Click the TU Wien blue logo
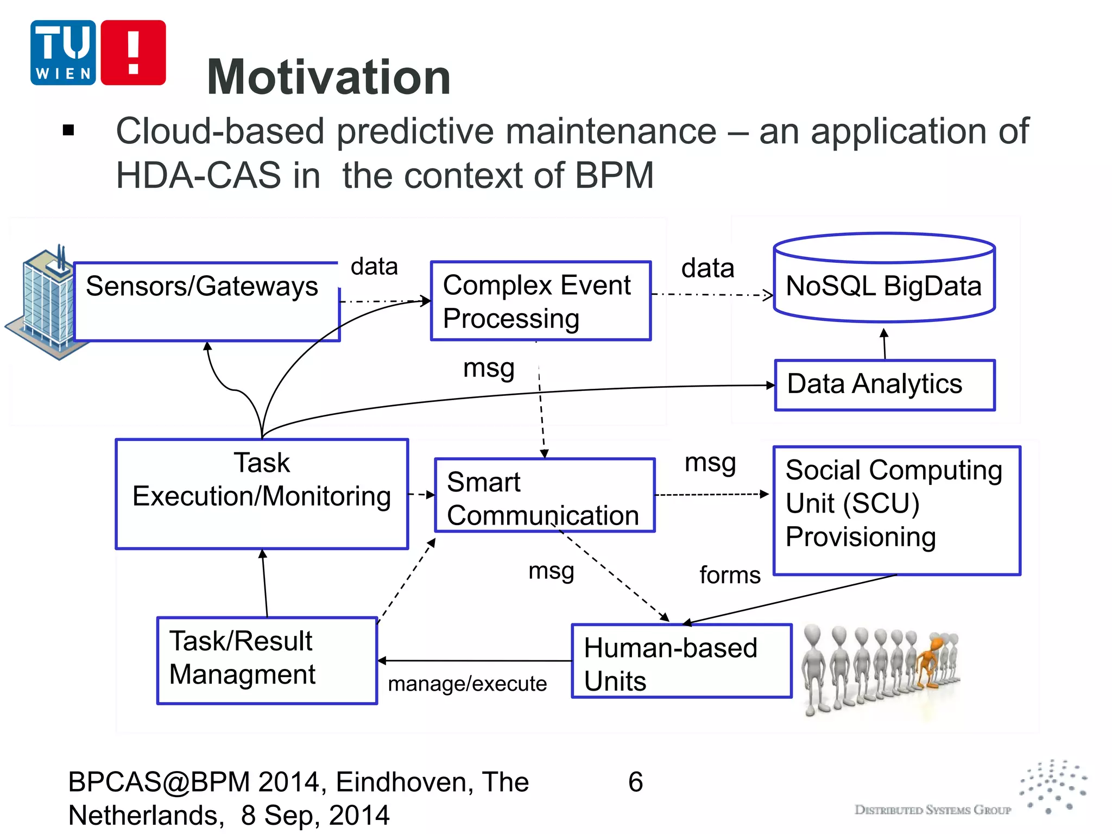click(x=63, y=53)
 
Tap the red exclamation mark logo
click(x=133, y=53)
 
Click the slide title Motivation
click(x=328, y=77)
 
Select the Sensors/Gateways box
click(x=206, y=302)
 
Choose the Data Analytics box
click(x=884, y=384)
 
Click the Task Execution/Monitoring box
click(x=262, y=493)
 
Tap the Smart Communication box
click(x=545, y=495)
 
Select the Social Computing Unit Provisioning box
click(x=896, y=510)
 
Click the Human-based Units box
click(x=681, y=661)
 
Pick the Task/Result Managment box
click(x=267, y=660)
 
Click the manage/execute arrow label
click(x=467, y=684)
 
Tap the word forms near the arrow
click(x=730, y=575)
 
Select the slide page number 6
click(x=635, y=782)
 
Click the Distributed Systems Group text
click(x=932, y=810)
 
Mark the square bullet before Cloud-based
click(x=68, y=130)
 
